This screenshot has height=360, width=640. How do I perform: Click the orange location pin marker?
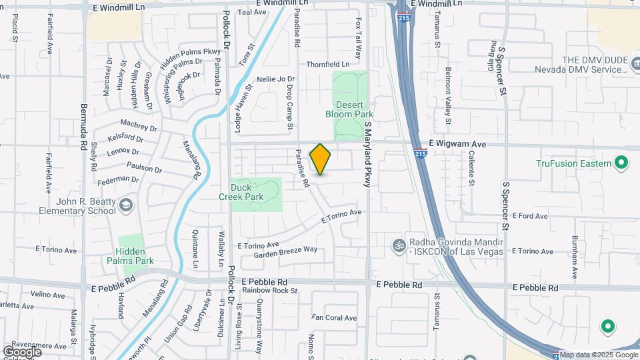point(321,159)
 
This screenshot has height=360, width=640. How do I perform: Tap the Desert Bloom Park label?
point(349,109)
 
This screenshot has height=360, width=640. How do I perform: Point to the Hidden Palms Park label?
point(135,256)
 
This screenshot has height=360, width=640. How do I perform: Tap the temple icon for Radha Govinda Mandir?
point(399,245)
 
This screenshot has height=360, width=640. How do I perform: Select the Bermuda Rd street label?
point(84,126)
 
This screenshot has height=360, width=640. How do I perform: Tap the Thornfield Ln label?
point(327,65)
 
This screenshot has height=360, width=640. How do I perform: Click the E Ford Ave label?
point(530,216)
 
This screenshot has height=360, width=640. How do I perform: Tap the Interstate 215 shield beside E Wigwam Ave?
point(419,153)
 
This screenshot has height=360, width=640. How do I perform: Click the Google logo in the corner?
point(22,351)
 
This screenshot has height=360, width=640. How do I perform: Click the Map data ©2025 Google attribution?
point(598,355)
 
